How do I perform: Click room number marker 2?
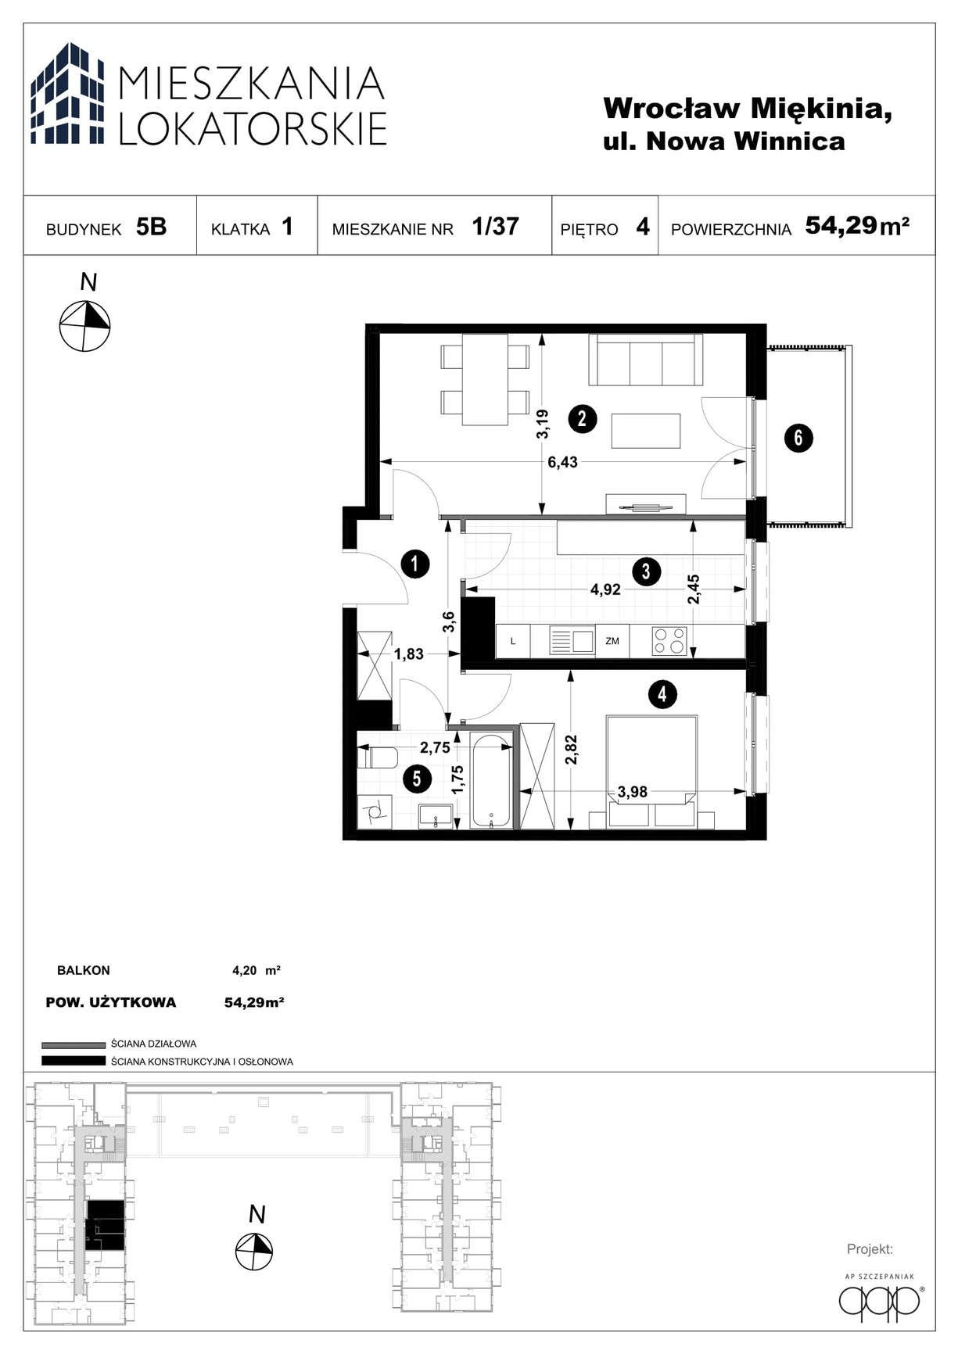tap(582, 418)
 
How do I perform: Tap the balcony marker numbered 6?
tap(798, 437)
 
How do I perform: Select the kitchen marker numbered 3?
tap(645, 571)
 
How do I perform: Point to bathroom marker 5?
tap(416, 778)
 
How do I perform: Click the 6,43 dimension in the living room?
tap(562, 462)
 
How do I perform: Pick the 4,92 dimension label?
tap(605, 589)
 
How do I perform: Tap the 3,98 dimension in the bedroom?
tap(633, 792)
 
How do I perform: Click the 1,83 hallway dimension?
tap(408, 654)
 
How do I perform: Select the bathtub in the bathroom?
tap(490, 781)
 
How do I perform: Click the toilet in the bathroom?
tap(379, 757)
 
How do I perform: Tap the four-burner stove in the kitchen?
tap(669, 641)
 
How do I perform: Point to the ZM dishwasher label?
tap(612, 641)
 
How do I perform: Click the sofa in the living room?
tap(645, 360)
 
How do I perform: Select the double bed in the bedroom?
tap(651, 770)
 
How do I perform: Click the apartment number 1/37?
tap(495, 226)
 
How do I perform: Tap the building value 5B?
tap(151, 227)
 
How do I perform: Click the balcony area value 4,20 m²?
tap(257, 971)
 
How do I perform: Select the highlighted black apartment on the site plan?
tap(104, 1225)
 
